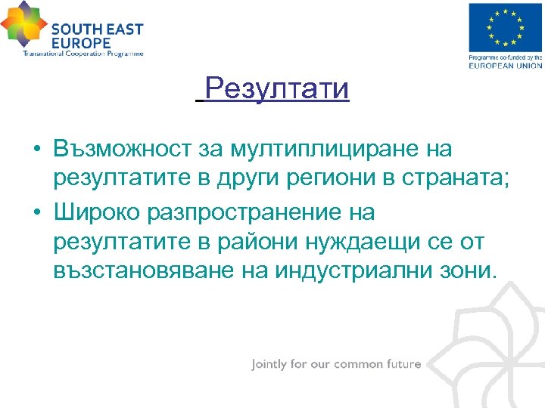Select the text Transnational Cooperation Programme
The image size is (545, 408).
point(83,54)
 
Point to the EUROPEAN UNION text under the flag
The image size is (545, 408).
point(506,66)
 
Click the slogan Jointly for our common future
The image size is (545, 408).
point(336,364)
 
